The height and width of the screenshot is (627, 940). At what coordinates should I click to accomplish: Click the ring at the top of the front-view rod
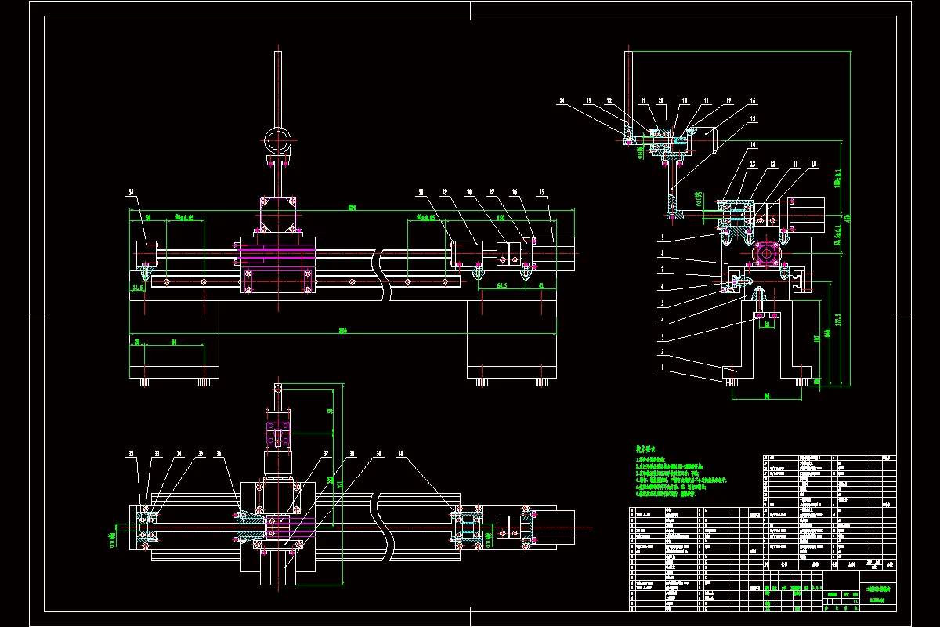click(277, 142)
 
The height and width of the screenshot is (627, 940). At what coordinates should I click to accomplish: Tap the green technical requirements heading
click(649, 448)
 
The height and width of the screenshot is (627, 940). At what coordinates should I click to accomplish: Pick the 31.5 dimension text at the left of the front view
click(139, 287)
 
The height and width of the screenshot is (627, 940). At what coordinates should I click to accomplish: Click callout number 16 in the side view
click(753, 101)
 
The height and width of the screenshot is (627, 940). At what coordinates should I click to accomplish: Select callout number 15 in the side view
click(753, 119)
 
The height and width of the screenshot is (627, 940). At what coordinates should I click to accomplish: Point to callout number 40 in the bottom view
click(401, 453)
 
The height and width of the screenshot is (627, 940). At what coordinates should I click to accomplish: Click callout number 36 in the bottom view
click(219, 453)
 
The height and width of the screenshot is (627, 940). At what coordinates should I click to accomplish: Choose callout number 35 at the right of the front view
click(540, 191)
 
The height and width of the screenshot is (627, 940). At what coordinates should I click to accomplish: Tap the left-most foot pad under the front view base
click(143, 382)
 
